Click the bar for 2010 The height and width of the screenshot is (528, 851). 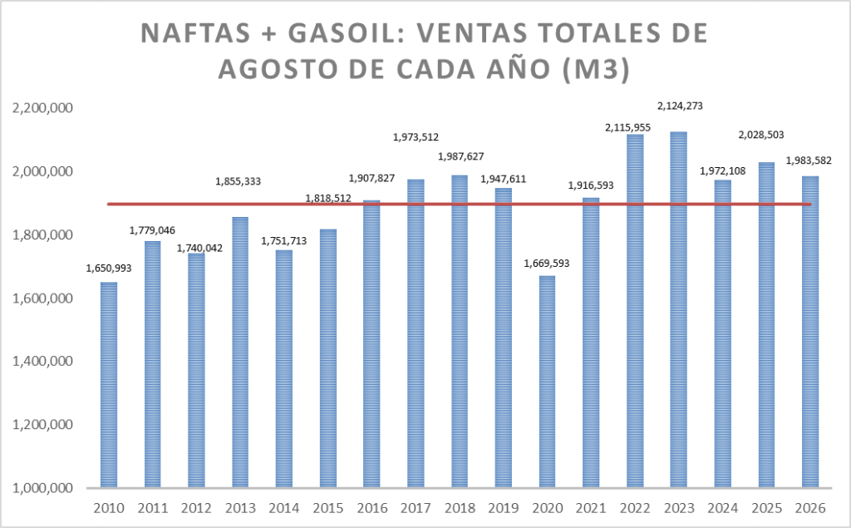[x=109, y=385]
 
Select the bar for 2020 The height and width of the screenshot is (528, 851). [x=547, y=382]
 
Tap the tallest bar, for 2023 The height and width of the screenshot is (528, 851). [x=678, y=309]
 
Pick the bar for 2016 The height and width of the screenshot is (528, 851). [x=371, y=344]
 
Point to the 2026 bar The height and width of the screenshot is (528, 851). [x=810, y=332]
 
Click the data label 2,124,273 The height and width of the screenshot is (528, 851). [x=680, y=106]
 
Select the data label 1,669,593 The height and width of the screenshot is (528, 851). [x=547, y=264]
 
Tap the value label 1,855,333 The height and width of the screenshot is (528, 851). [x=239, y=181]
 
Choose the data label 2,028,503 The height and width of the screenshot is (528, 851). [x=761, y=136]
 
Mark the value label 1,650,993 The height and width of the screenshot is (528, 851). [x=109, y=269]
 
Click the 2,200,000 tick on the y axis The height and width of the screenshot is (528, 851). [x=42, y=108]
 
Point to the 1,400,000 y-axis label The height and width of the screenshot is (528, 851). [x=42, y=361]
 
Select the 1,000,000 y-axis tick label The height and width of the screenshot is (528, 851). [x=42, y=488]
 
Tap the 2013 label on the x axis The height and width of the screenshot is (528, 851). [x=240, y=508]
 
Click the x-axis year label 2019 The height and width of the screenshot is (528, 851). [x=503, y=508]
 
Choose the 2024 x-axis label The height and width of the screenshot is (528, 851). [x=722, y=508]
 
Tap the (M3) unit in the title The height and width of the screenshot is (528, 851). [x=595, y=70]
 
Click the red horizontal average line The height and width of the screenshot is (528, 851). [x=459, y=205]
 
